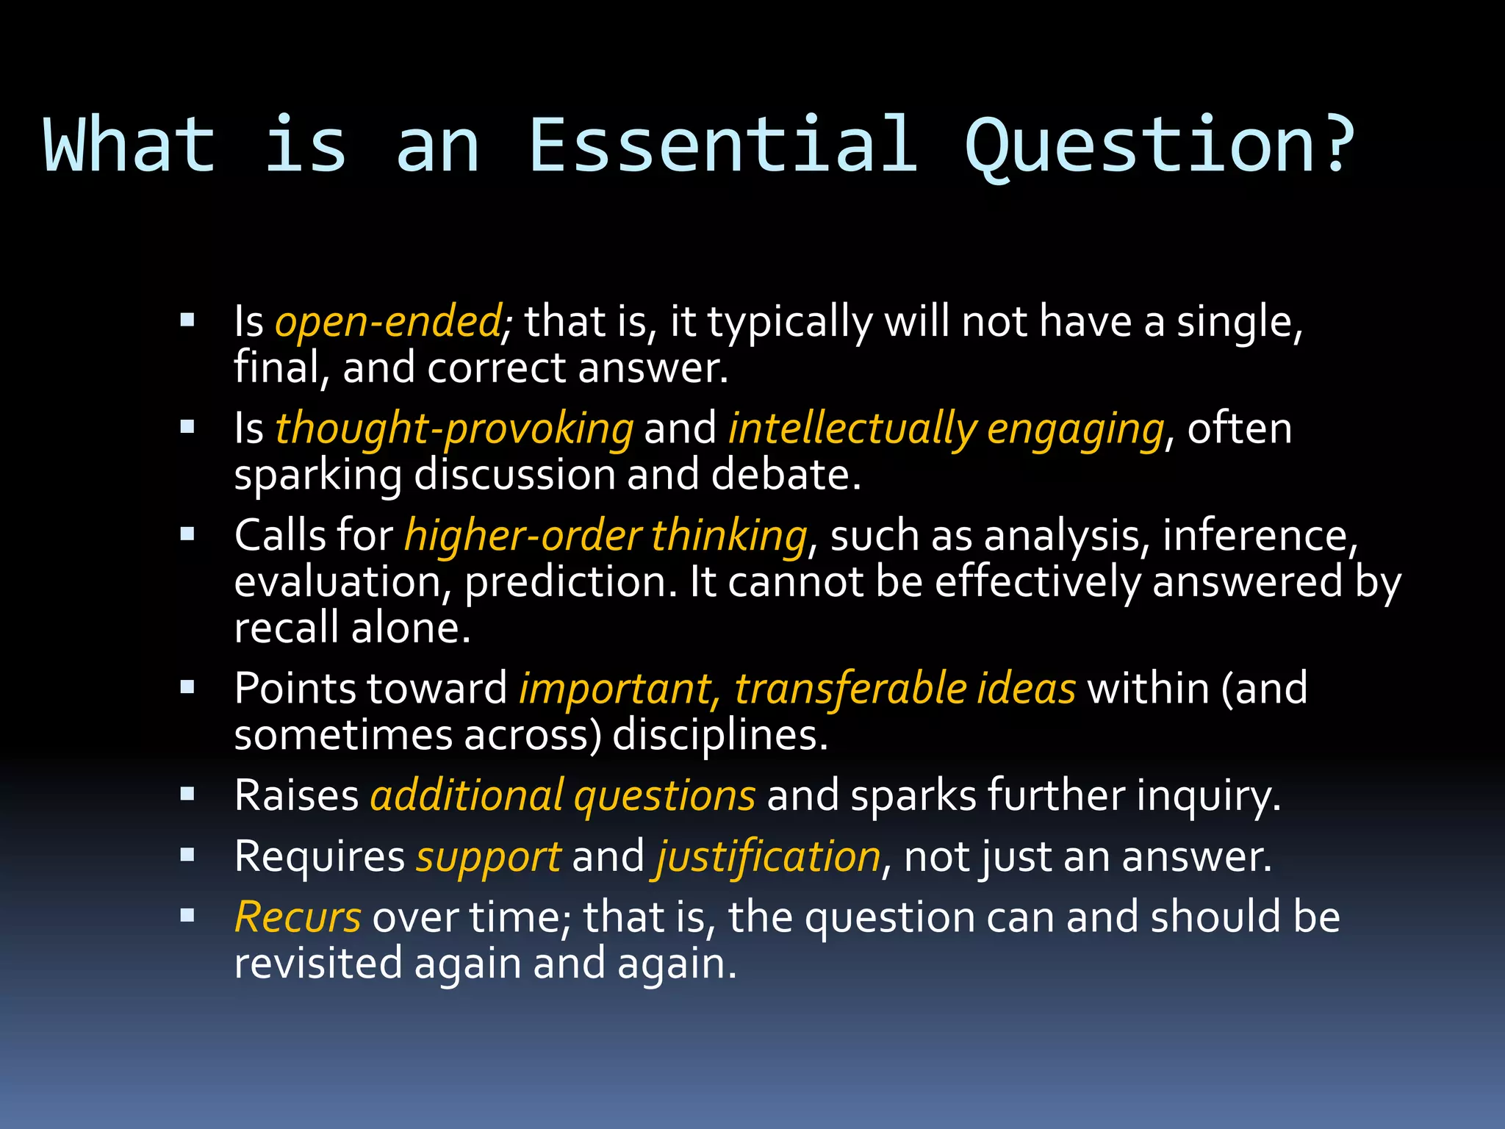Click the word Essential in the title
coord(724,145)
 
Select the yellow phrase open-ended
coord(388,322)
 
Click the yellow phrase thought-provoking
coord(453,429)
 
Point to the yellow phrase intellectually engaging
coord(946,429)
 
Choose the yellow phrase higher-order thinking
coord(606,535)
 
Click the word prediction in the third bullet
coord(570,582)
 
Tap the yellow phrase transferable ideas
coord(905,689)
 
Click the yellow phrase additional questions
coord(562,795)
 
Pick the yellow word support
coord(488,857)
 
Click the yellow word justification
coord(769,857)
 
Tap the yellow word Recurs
coord(298,917)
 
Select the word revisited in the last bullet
coord(317,964)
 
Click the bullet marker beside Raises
coord(187,794)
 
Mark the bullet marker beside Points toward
coord(187,687)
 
